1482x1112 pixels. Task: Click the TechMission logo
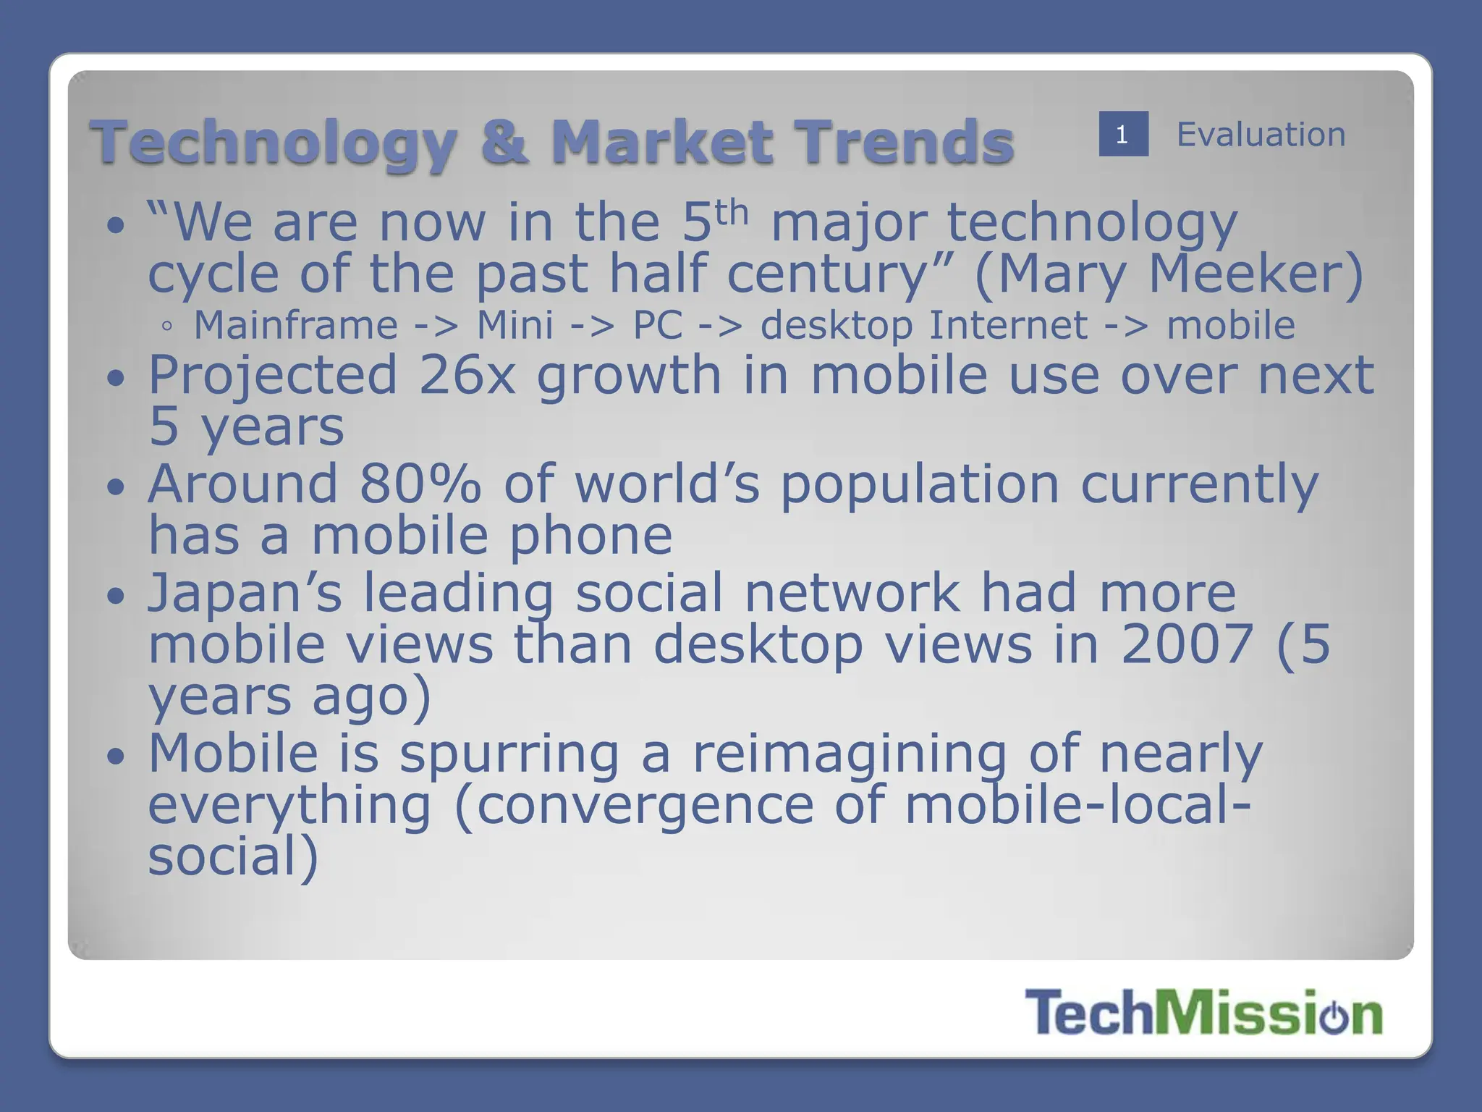1203,1012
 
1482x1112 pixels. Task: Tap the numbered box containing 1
1123,134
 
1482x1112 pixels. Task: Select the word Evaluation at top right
1261,135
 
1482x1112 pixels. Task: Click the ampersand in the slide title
504,141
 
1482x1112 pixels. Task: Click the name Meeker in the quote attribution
1256,274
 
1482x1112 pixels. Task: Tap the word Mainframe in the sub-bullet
295,325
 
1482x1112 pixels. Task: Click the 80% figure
420,484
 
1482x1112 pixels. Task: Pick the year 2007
1187,644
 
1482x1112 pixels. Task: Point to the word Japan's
245,593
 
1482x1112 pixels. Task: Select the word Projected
273,376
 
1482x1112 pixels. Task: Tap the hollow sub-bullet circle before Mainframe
167,327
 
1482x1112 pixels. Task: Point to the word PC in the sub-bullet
657,325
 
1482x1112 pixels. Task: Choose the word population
919,484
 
